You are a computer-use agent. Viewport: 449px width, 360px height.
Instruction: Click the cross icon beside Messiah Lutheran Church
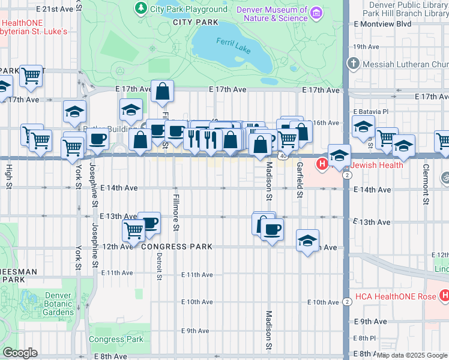(354, 64)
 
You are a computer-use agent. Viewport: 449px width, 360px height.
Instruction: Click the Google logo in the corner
(20, 353)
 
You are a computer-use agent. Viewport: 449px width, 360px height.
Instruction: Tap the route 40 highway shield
(282, 155)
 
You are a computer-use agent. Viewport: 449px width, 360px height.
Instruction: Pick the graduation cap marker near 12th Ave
(308, 240)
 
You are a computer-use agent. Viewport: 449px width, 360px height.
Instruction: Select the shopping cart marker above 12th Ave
(133, 230)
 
